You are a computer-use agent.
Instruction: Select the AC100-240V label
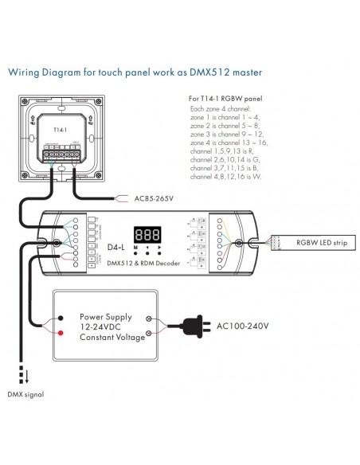(x=243, y=326)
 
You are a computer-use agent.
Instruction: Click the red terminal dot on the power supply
(x=61, y=334)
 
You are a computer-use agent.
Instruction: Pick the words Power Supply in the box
(x=108, y=315)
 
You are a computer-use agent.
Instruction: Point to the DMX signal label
(x=25, y=394)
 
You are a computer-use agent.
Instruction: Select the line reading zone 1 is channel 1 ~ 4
(x=224, y=117)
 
